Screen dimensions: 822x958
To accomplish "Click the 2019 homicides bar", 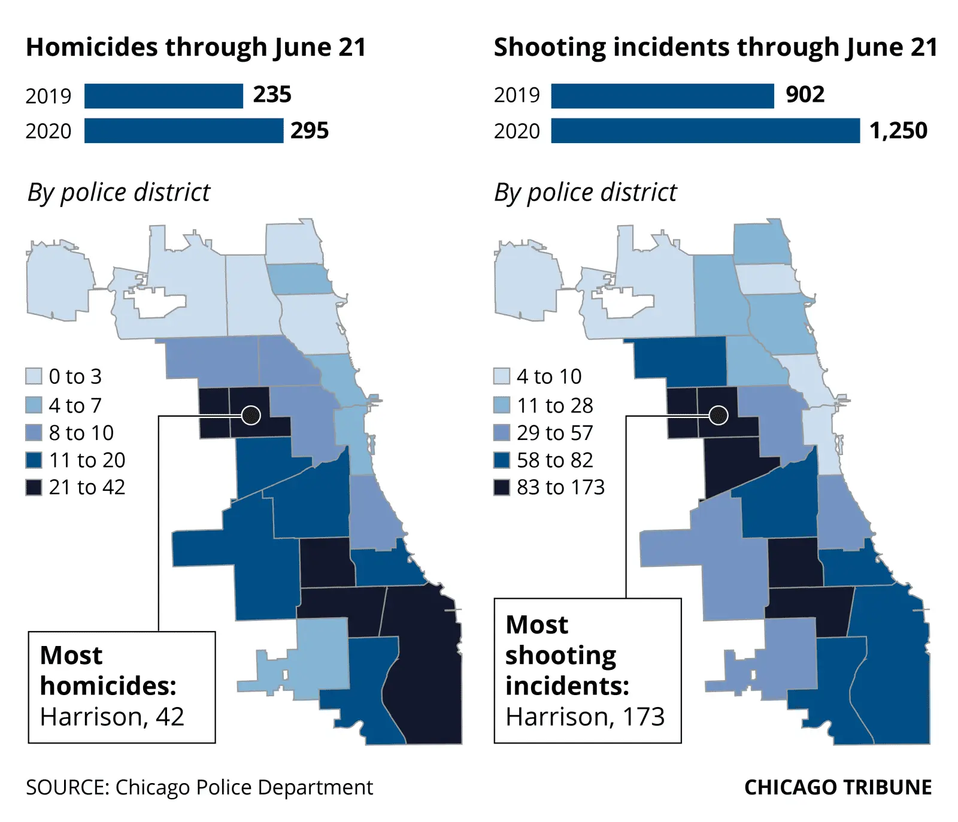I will [163, 96].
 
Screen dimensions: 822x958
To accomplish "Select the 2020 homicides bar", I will [183, 131].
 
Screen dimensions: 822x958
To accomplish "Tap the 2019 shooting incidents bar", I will [662, 96].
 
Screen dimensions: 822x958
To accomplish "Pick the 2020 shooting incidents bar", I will [705, 131].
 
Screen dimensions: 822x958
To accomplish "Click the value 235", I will [272, 95].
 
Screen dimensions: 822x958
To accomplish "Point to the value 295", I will [310, 131].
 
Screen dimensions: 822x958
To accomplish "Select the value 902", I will [805, 95].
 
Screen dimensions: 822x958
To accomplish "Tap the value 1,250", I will [898, 131].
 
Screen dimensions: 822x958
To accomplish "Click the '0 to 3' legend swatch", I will [34, 376].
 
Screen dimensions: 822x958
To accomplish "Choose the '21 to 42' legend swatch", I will [34, 487].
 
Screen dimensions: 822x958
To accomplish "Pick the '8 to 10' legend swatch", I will [34, 432].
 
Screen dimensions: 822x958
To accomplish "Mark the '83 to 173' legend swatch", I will [501, 487].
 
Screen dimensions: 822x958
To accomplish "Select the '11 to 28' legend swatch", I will [501, 405].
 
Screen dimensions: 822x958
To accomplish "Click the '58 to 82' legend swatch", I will [501, 460].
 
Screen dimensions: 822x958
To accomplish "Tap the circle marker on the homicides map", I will [251, 414].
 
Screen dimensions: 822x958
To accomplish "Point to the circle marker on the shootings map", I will [718, 414].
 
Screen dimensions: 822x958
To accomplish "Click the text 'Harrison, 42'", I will [112, 717].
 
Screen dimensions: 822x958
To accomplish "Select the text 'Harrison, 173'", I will [585, 717].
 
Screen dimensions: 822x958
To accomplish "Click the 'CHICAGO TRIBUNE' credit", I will [838, 787].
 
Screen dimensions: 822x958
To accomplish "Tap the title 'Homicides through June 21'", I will [196, 47].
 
